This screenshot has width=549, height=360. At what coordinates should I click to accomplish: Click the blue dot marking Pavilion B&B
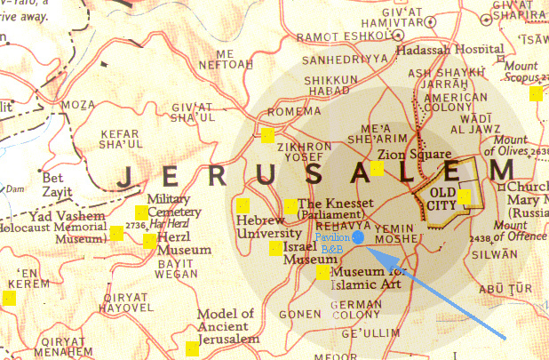coord(358,238)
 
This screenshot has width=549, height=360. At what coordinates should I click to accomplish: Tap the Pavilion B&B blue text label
coord(332,244)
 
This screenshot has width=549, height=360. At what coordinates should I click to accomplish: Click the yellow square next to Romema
coord(267,136)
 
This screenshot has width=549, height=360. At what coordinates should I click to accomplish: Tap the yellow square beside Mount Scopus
coord(536,93)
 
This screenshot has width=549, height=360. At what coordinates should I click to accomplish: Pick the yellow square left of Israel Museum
coord(276,248)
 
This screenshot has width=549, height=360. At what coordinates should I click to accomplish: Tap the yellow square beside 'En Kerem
coord(10,298)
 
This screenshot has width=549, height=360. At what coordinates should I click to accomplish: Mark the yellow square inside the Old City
coord(463,196)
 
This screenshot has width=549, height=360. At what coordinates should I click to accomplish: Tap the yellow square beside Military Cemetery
coord(140,212)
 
